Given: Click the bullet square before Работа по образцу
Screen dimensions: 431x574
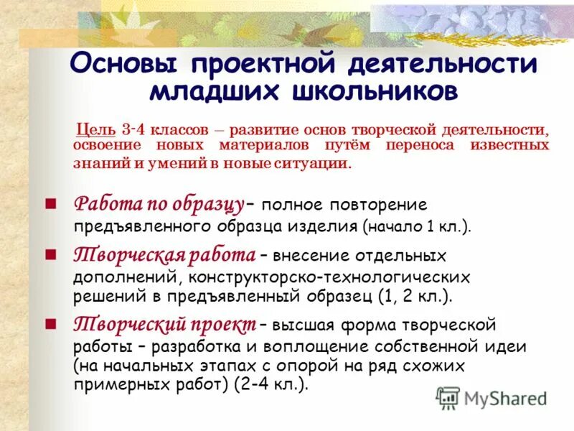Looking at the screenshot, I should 50,203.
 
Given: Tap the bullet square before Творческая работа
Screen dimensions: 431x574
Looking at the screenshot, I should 50,254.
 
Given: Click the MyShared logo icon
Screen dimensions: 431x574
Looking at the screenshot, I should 448,397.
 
